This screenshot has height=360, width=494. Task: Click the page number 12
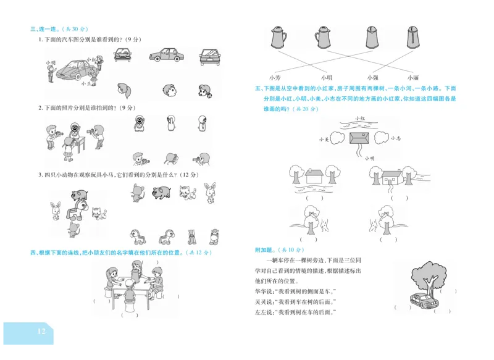(x=41, y=332)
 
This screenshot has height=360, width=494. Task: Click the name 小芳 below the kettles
(x=275, y=77)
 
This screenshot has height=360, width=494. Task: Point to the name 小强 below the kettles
(x=372, y=77)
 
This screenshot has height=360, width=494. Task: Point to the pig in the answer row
(x=161, y=192)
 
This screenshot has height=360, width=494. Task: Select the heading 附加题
(x=267, y=249)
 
